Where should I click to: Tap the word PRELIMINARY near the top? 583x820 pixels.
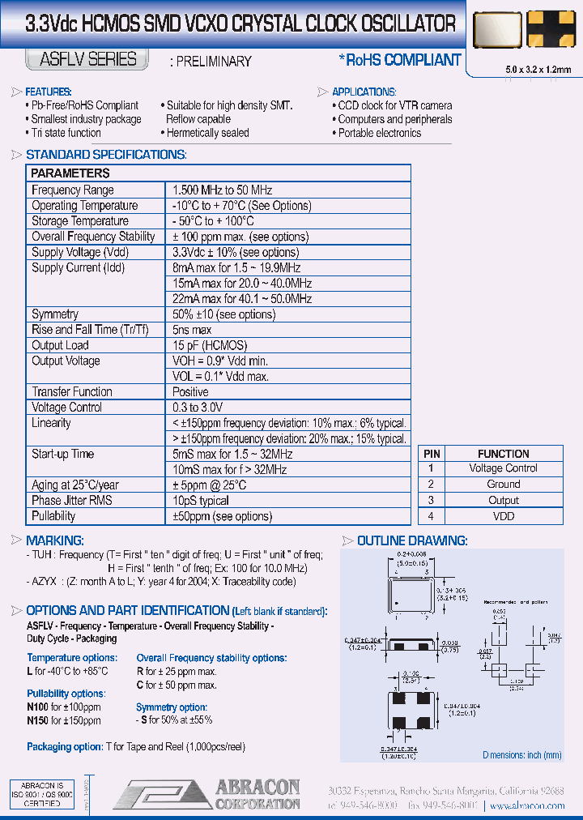click(211, 62)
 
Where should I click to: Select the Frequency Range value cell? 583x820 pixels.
click(222, 190)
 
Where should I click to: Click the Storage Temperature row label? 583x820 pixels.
click(80, 221)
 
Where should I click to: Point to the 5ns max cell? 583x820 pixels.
click(192, 330)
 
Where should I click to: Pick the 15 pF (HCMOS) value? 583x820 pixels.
click(209, 345)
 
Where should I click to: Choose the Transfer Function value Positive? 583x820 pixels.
click(190, 392)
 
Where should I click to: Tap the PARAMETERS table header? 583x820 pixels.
click(70, 173)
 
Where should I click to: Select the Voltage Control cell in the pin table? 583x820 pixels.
click(503, 468)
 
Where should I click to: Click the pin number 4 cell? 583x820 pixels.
click(432, 516)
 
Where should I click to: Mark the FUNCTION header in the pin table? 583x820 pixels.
click(503, 454)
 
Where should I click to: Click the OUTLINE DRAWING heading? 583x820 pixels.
click(411, 540)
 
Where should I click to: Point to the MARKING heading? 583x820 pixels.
click(54, 540)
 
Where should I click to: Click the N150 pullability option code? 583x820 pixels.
click(39, 720)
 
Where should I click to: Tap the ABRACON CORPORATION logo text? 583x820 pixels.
click(257, 794)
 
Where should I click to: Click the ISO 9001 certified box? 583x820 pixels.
click(42, 795)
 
